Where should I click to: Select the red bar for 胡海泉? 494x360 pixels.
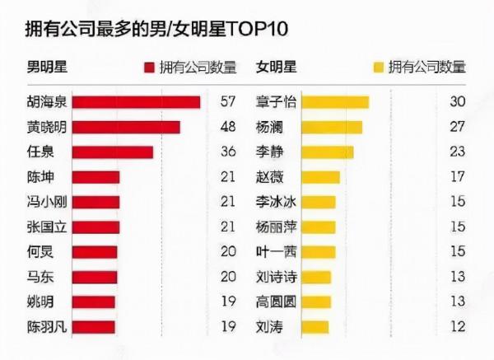137,102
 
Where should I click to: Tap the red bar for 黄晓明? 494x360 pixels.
126,127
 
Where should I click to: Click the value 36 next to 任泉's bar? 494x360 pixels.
228,152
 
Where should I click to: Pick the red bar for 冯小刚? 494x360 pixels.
96,202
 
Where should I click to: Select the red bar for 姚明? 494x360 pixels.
94,302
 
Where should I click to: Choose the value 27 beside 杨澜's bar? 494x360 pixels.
458,127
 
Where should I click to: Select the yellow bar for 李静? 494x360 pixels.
328,152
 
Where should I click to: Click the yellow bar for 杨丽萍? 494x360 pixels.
319,227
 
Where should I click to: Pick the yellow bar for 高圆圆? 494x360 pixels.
316,302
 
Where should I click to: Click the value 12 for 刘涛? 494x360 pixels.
458,327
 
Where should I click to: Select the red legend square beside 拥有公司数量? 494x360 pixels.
149,67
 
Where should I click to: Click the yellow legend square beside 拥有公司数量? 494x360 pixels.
379,67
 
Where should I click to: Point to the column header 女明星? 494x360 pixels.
277,67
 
